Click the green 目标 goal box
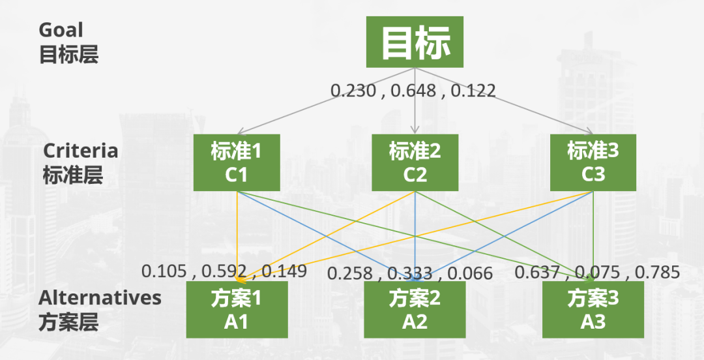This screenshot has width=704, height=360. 415,42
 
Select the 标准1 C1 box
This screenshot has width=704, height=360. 237,163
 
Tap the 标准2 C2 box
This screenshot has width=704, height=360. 415,163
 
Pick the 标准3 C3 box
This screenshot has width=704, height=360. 593,163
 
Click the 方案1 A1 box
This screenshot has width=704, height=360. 237,310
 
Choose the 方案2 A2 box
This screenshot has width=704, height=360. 415,310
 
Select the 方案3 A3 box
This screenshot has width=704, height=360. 593,310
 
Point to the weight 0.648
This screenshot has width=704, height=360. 414,90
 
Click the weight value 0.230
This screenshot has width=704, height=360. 354,90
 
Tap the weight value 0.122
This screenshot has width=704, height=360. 473,90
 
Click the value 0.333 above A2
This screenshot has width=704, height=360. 410,273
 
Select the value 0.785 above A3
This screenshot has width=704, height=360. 658,272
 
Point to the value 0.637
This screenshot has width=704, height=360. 537,272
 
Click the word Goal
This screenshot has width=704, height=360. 61,30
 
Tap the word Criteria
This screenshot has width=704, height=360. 81,151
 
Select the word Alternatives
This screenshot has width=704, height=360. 100,297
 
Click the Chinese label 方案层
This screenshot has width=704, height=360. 68,322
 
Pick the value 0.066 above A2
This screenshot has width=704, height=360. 469,273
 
